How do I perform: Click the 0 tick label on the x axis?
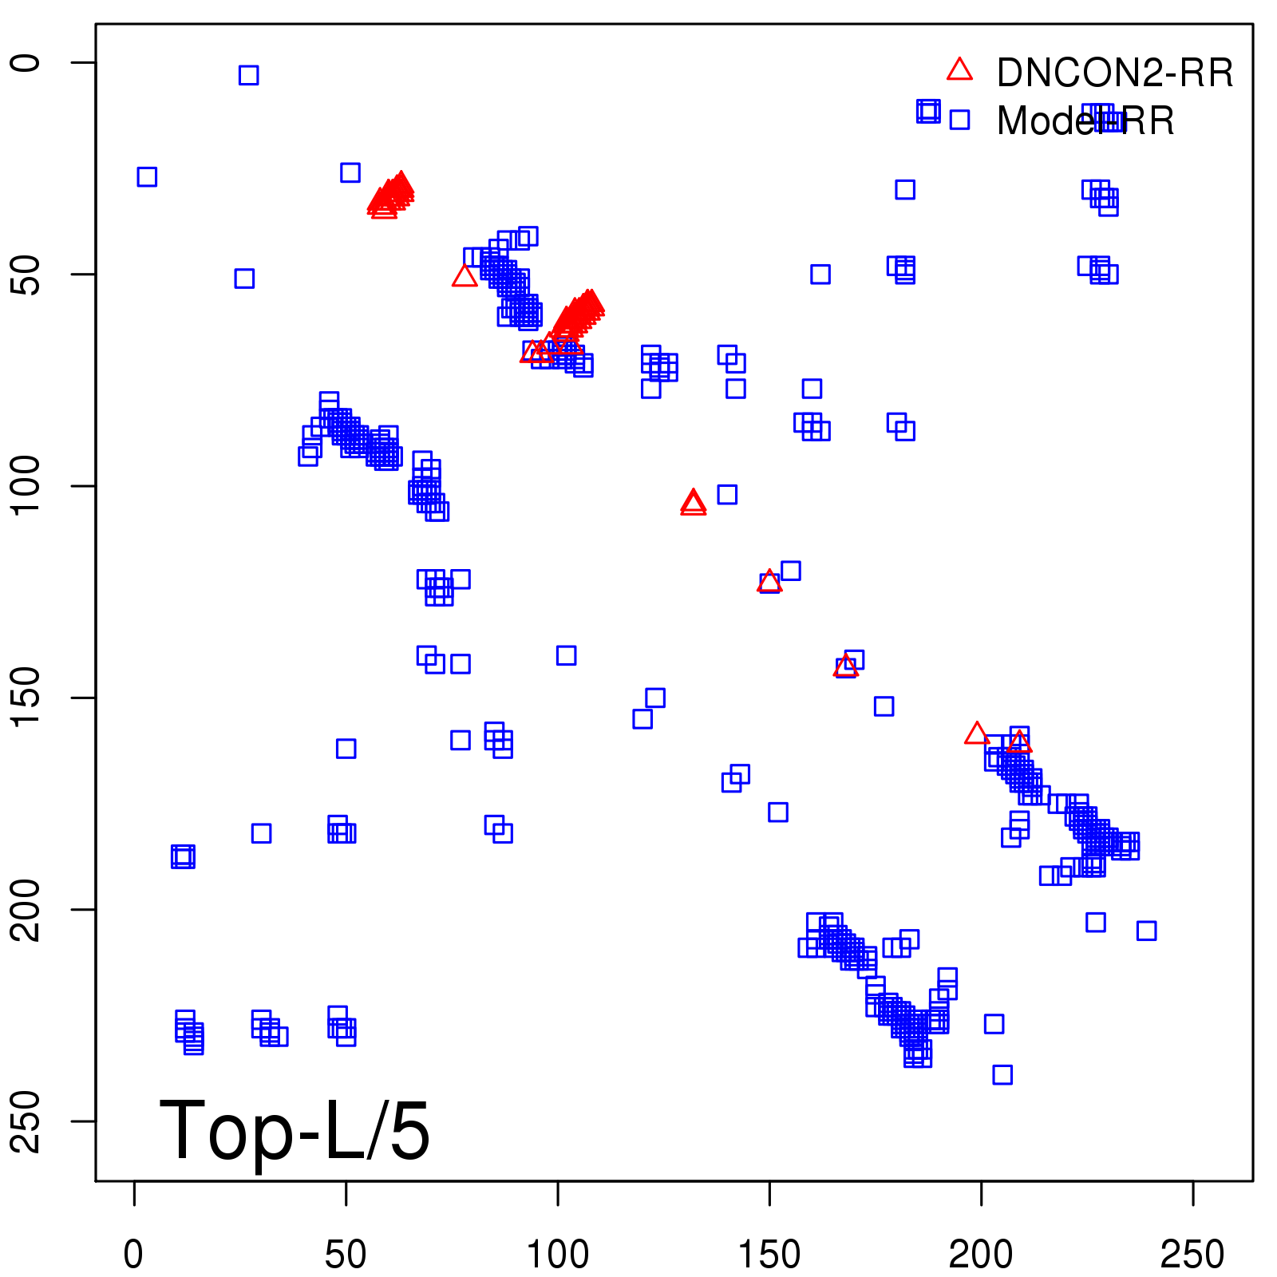click(133, 1255)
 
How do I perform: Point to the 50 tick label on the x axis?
click(346, 1255)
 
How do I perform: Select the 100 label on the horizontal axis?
click(557, 1255)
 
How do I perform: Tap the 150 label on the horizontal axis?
click(769, 1255)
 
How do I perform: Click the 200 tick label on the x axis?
click(981, 1255)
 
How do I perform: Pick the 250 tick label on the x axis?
click(1192, 1255)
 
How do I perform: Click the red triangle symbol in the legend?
click(959, 70)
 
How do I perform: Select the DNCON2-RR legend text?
click(1115, 73)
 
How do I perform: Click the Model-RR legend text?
click(1085, 121)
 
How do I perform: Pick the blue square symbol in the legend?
click(959, 120)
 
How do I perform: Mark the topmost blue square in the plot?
click(248, 75)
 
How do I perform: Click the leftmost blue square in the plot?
click(147, 176)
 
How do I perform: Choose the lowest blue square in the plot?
click(1002, 1074)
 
